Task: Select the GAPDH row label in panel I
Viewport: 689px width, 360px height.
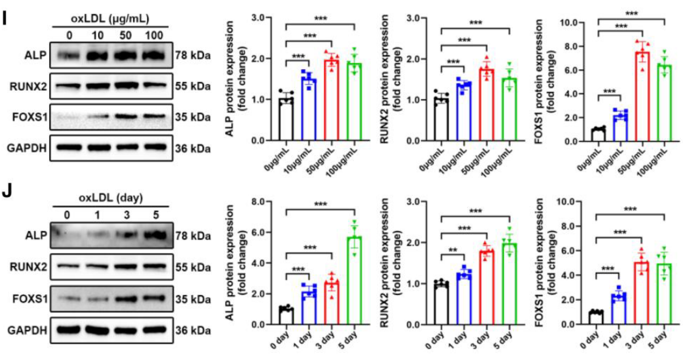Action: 27,148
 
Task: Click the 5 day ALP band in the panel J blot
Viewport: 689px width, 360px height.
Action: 154,235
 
